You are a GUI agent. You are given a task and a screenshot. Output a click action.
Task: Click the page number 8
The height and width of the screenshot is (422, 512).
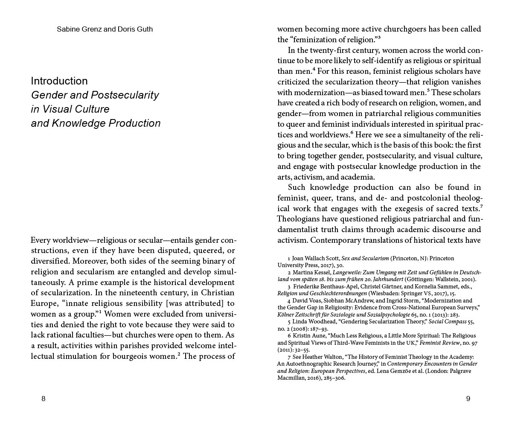point(43,399)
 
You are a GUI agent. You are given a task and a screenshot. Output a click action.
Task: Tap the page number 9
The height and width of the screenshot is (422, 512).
point(468,399)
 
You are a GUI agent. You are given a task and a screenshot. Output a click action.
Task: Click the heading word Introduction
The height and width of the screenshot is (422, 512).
point(59,81)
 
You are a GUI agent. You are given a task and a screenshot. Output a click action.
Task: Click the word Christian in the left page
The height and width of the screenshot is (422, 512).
point(218,293)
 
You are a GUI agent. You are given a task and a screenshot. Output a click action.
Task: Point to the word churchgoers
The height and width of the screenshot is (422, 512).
point(397,29)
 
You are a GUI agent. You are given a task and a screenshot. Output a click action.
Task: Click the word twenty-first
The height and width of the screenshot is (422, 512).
point(351,50)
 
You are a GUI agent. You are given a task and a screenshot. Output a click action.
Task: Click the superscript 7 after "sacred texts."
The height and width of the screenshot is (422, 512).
point(481,207)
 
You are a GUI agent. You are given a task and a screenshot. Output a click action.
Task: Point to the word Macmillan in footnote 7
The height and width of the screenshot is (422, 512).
point(292,378)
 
